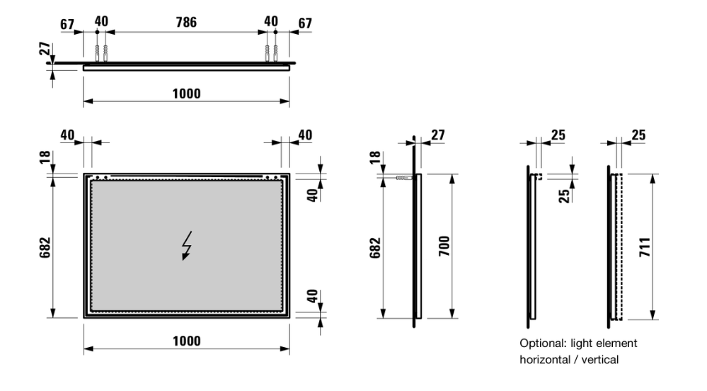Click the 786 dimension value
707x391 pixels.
[x=186, y=22]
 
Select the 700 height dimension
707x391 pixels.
[x=444, y=246]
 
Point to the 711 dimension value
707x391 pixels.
[x=645, y=247]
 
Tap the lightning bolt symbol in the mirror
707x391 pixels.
[x=186, y=246]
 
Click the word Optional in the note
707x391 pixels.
[x=541, y=344]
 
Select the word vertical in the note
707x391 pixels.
[x=599, y=360]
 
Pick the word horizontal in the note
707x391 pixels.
[x=545, y=360]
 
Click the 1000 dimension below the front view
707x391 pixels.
[x=187, y=341]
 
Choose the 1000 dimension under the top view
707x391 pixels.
[x=187, y=94]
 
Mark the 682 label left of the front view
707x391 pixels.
[x=45, y=247]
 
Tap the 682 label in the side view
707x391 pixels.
[x=375, y=247]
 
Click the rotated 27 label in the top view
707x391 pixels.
[x=44, y=49]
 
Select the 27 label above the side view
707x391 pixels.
[x=438, y=135]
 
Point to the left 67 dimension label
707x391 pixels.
[x=67, y=24]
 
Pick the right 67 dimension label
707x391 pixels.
[x=305, y=23]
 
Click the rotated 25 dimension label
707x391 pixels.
[x=564, y=196]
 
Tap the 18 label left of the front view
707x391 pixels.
[x=45, y=157]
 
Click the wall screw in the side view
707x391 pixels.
[x=404, y=178]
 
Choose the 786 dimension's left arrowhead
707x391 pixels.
[x=110, y=32]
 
